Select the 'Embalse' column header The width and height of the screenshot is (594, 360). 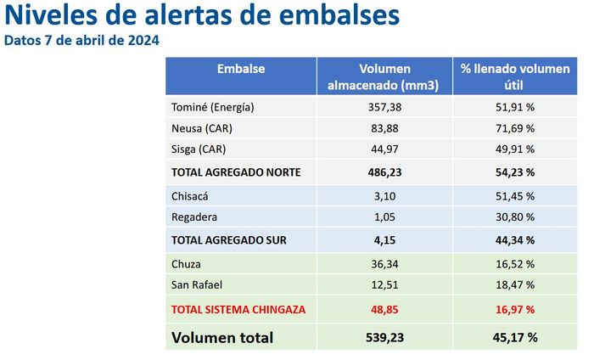[x=241, y=69]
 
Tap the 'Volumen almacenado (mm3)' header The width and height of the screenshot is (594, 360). [x=384, y=76]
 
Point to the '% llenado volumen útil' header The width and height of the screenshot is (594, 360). [x=508, y=76]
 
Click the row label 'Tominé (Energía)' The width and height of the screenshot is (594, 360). [x=213, y=108]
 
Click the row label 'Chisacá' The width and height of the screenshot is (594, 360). [x=191, y=196]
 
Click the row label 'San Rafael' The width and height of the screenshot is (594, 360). [x=198, y=284]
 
